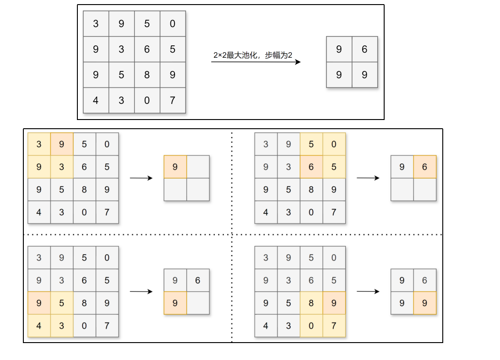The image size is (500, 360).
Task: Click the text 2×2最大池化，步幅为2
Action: click(x=253, y=55)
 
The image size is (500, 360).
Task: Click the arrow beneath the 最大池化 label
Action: click(x=255, y=62)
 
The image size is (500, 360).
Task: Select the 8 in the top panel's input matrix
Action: click(x=147, y=75)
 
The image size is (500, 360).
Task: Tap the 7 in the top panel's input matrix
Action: click(x=173, y=100)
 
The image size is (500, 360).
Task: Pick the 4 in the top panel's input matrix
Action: click(x=96, y=100)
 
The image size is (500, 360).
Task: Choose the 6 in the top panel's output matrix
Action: click(x=364, y=49)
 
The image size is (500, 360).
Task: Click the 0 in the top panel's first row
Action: click(x=173, y=23)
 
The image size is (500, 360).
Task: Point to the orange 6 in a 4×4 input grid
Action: click(x=311, y=167)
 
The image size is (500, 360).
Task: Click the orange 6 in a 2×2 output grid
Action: click(x=424, y=167)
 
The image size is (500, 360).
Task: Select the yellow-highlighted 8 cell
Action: click(x=311, y=303)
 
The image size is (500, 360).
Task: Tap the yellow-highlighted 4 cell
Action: click(x=39, y=326)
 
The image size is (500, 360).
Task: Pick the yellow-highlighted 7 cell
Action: click(x=334, y=326)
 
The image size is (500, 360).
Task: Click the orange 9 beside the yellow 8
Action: click(x=334, y=303)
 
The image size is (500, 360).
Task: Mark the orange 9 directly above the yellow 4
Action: click(x=39, y=303)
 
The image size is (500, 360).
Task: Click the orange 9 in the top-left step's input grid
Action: click(x=61, y=144)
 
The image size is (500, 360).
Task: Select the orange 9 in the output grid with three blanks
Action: click(x=175, y=167)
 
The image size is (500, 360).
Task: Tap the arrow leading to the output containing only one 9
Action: click(x=141, y=178)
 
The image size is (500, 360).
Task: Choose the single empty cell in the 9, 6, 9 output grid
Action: click(x=198, y=303)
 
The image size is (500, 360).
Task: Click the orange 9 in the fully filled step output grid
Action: click(x=424, y=303)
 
